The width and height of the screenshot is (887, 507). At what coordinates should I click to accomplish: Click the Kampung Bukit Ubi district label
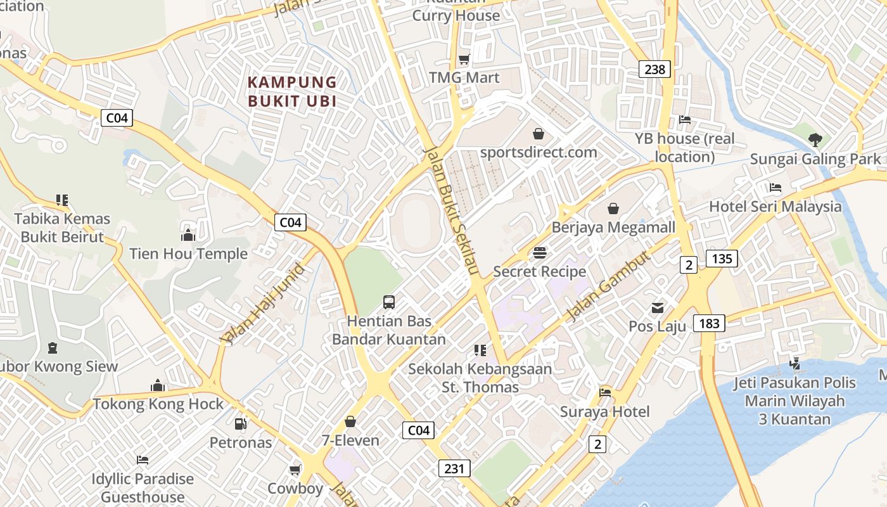pyautogui.click(x=292, y=91)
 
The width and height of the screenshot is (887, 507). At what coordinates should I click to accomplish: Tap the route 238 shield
pyautogui.click(x=654, y=69)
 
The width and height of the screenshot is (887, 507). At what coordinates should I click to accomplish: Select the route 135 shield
pyautogui.click(x=722, y=258)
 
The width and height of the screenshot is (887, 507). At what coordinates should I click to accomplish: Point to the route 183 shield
pyautogui.click(x=709, y=323)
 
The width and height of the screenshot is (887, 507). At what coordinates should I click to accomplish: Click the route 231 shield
pyautogui.click(x=454, y=468)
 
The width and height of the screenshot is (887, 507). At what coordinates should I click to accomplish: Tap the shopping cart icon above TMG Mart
pyautogui.click(x=464, y=60)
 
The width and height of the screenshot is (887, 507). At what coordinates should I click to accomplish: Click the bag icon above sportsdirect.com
pyautogui.click(x=538, y=134)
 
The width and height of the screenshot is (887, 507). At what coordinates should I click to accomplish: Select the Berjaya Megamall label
pyautogui.click(x=613, y=227)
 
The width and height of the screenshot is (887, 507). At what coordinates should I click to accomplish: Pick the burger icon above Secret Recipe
pyautogui.click(x=540, y=253)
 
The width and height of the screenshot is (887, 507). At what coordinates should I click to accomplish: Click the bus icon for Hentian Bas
pyautogui.click(x=389, y=302)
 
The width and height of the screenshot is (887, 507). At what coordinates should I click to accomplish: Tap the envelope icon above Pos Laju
pyautogui.click(x=658, y=308)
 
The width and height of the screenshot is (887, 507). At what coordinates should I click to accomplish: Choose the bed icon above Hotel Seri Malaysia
pyautogui.click(x=775, y=188)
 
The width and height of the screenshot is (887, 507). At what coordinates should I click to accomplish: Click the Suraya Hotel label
pyautogui.click(x=604, y=412)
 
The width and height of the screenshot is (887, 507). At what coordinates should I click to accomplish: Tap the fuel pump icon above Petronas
pyautogui.click(x=241, y=424)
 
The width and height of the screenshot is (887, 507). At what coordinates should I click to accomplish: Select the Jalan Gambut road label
pyautogui.click(x=608, y=285)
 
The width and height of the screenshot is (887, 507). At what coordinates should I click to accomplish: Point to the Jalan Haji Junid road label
pyautogui.click(x=263, y=304)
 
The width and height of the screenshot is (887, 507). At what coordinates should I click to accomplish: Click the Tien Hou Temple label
pyautogui.click(x=188, y=254)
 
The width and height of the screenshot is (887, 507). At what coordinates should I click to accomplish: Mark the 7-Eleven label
pyautogui.click(x=350, y=440)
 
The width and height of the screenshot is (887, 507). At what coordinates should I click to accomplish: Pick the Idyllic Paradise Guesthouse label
pyautogui.click(x=143, y=487)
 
